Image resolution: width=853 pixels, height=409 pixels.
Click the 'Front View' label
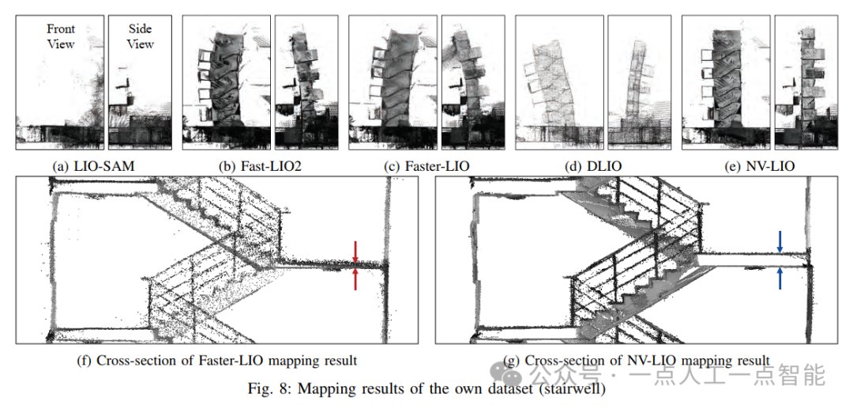(x=61, y=36)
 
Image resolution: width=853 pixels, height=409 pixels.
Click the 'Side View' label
(x=141, y=36)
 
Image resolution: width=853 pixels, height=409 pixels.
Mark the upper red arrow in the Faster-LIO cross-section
(x=355, y=250)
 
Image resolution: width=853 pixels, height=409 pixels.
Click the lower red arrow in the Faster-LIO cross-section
(x=355, y=278)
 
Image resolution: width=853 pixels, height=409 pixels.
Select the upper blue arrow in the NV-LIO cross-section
(x=780, y=240)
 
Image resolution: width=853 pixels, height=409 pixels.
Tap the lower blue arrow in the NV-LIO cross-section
(x=780, y=278)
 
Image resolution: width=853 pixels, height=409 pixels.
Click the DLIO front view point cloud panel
(x=557, y=82)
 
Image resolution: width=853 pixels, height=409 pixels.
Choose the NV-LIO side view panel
(x=804, y=82)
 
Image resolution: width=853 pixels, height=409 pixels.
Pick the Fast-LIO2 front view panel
(x=226, y=82)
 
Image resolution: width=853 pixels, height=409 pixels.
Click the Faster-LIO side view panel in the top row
(x=472, y=82)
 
